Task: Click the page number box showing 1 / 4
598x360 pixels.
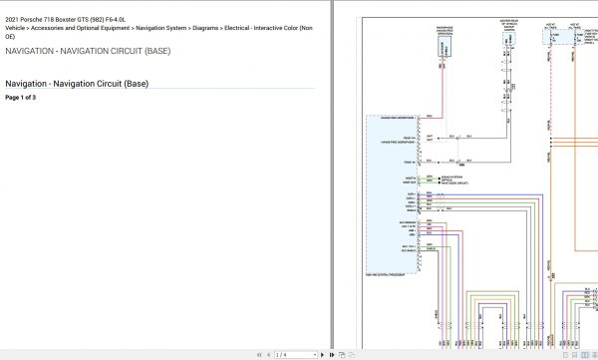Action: tap(282, 354)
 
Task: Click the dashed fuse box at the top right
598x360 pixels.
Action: tap(560, 37)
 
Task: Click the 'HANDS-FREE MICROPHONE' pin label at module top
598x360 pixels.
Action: tap(397, 117)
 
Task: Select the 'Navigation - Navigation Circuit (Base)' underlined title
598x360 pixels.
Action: tap(77, 84)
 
